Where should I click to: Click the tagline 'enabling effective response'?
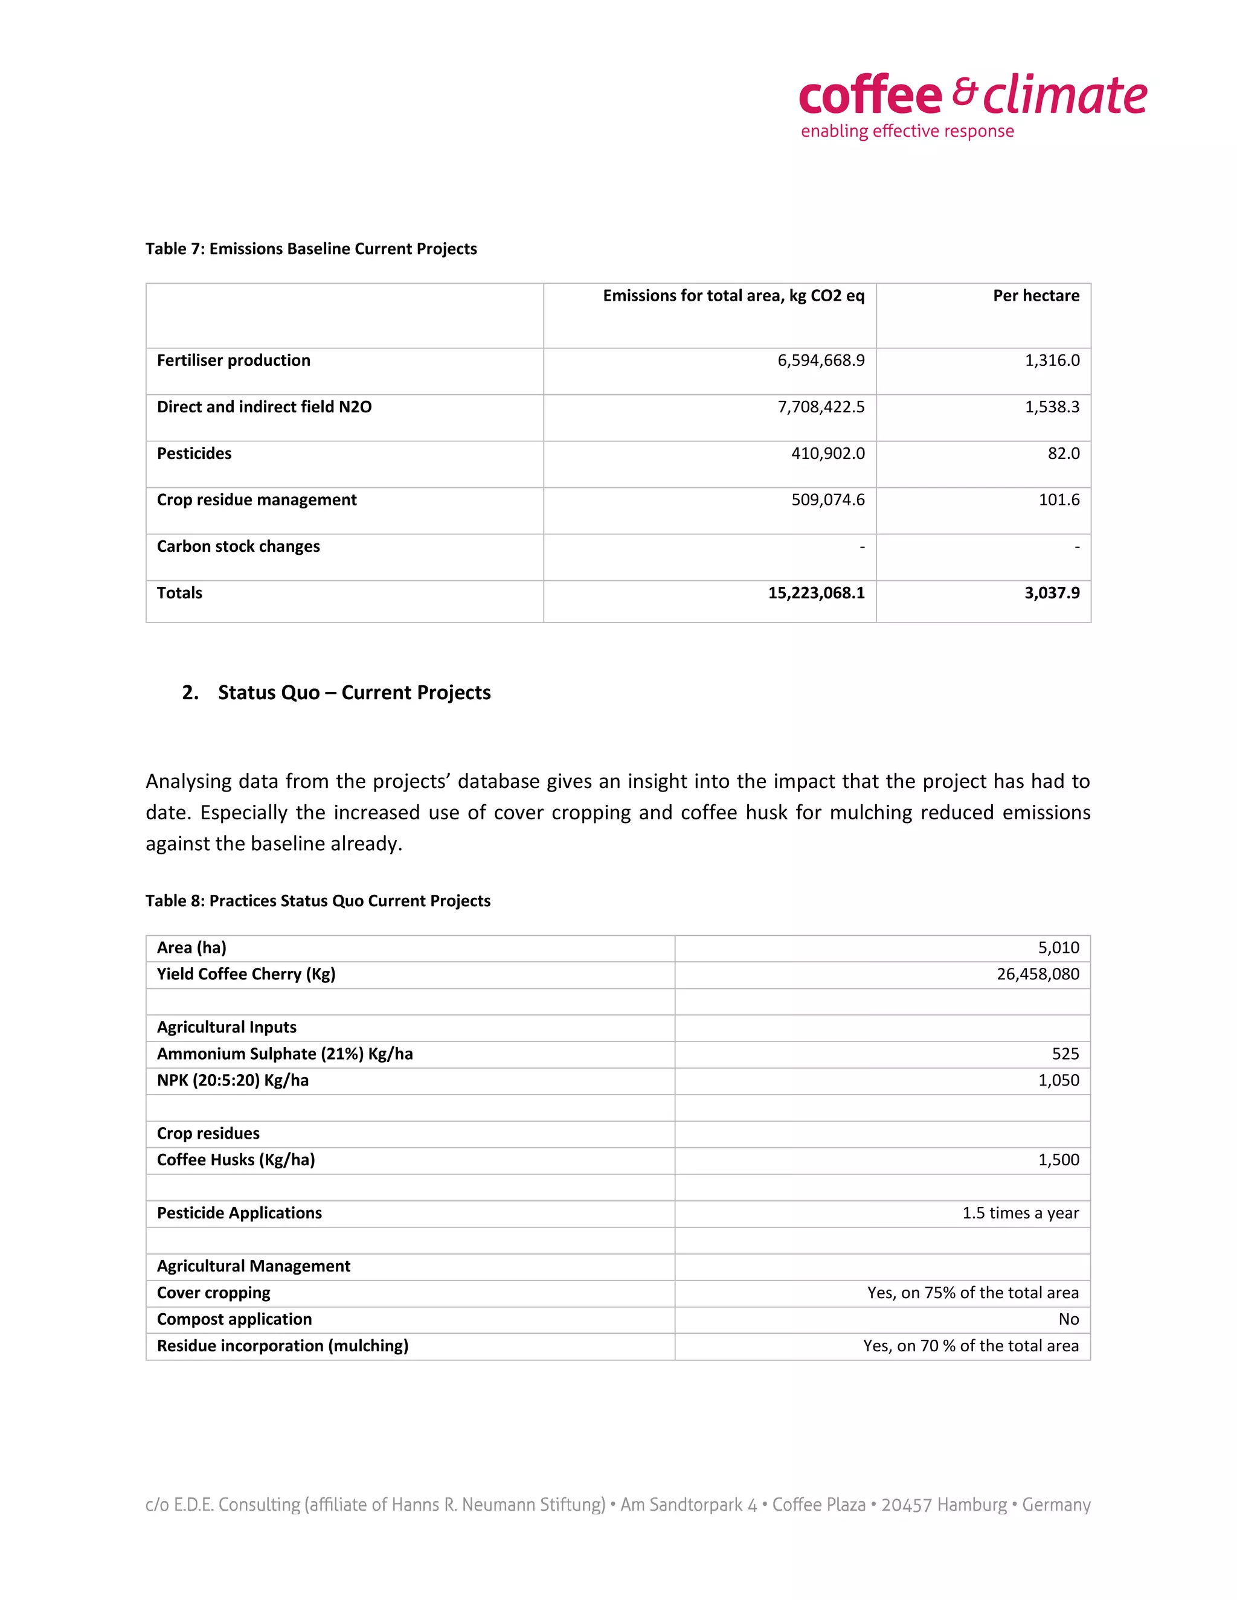pos(907,131)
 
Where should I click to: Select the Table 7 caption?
pos(310,249)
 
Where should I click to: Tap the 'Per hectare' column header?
pos(1035,296)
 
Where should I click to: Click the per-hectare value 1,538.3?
pos(1052,408)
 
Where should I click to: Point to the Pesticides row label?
pos(194,453)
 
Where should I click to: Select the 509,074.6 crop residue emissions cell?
pos(827,500)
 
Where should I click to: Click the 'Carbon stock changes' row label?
pos(238,546)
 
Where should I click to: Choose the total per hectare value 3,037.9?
pos(1052,593)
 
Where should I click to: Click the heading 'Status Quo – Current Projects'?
pos(354,693)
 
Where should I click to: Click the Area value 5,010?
pos(1058,948)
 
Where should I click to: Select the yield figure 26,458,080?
pos(1037,974)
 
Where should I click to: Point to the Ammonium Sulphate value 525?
pos(1065,1054)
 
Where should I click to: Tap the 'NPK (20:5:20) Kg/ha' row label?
pos(233,1081)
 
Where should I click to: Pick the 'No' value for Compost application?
pos(1068,1319)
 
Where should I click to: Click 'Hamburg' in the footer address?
pos(972,1505)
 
